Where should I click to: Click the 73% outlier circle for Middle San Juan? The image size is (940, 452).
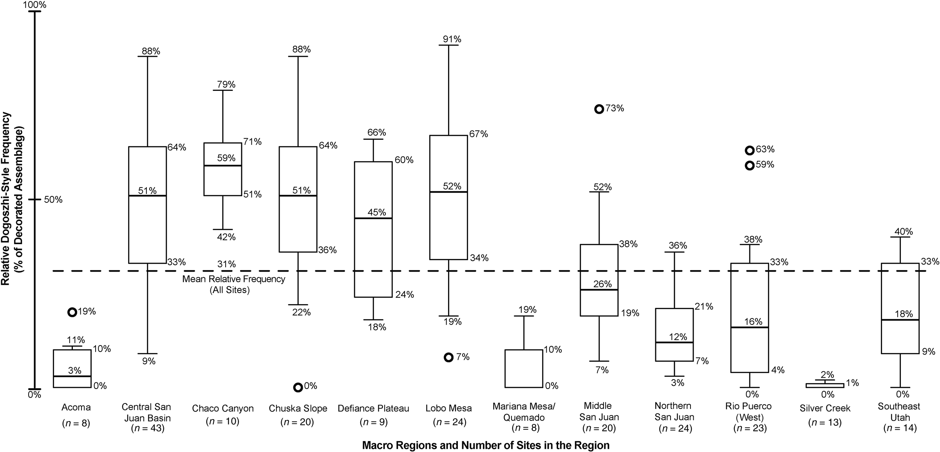pos(599,109)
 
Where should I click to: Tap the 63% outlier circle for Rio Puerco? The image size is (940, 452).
pos(749,150)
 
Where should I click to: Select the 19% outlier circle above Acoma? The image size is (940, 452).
pos(72,312)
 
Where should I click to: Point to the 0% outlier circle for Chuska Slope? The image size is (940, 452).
pos(298,387)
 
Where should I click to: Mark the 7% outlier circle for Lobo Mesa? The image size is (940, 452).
pos(448,357)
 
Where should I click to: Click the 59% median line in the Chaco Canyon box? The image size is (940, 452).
pos(222,166)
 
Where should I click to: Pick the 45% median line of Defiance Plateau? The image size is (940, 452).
pos(373,218)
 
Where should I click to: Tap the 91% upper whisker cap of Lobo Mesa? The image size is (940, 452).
pos(448,45)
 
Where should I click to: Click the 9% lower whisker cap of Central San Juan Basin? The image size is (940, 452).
pos(147,353)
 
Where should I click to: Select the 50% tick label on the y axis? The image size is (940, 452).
pos(53,200)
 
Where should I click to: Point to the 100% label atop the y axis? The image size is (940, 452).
pos(35,5)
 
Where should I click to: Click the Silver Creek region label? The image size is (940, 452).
pos(825,408)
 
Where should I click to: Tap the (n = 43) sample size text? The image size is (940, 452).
pos(147,428)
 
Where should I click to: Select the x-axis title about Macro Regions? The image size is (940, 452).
pos(486,445)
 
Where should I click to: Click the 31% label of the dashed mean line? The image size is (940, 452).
pos(227,264)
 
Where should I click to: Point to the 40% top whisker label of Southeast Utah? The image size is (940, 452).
pos(903,231)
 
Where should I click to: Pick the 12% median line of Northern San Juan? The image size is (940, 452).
pos(674,342)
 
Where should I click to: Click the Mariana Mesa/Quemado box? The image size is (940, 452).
pos(524,368)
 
